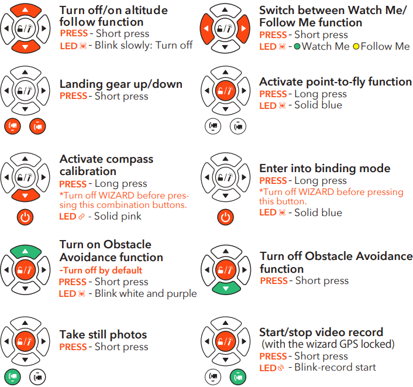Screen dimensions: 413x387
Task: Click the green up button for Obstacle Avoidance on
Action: click(x=25, y=252)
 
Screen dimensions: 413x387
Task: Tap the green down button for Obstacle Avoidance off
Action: click(x=226, y=288)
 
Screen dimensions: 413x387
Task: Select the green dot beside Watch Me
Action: click(x=297, y=47)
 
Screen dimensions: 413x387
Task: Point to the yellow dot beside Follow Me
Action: click(x=356, y=47)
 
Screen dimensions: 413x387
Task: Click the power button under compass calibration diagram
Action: click(x=25, y=217)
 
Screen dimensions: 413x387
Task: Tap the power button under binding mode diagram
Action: click(x=225, y=217)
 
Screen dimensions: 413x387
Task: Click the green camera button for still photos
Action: click(x=12, y=376)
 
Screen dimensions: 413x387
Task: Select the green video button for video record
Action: click(x=238, y=376)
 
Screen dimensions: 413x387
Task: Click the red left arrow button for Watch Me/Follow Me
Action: click(x=206, y=29)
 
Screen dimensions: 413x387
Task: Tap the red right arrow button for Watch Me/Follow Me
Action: click(x=243, y=29)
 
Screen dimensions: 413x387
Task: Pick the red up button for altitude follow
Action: click(x=25, y=10)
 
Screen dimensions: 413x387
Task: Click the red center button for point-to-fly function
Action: click(x=225, y=91)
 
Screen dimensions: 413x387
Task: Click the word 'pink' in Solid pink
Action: click(x=131, y=216)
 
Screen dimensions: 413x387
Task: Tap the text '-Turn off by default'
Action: click(x=101, y=270)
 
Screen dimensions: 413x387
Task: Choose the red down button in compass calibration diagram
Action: click(x=25, y=195)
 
